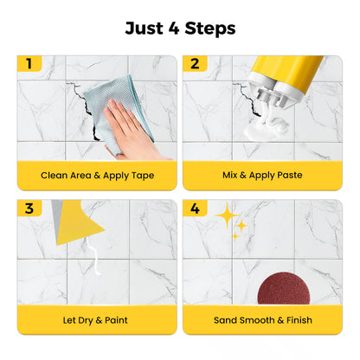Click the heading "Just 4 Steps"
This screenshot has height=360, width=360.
pos(180,28)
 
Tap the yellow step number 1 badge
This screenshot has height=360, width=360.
pos(29,63)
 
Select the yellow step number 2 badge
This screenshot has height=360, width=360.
pos(195,63)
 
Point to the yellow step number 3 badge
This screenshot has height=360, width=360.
pos(29,208)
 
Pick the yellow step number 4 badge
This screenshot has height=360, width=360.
pos(195,208)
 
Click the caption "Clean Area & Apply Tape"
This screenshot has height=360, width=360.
pos(97,175)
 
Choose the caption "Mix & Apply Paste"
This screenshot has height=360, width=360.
pos(263,175)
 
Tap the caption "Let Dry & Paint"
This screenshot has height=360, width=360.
pos(97,319)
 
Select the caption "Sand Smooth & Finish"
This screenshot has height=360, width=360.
pos(263,319)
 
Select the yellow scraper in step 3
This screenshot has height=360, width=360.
pos(82,220)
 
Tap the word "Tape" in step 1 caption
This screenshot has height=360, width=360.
pos(138,175)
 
